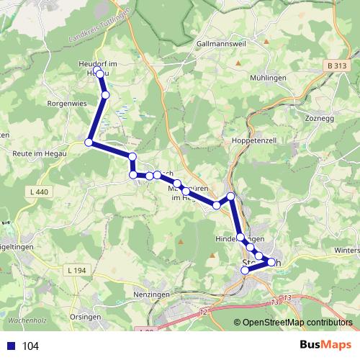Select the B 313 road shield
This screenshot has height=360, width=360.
336,66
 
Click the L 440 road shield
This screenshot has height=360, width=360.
40,192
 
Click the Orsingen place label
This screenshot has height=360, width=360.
86,316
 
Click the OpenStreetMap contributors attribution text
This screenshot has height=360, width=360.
297,323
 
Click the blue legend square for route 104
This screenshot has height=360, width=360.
10,346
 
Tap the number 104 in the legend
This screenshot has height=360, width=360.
30,346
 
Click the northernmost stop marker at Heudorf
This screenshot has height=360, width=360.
99,71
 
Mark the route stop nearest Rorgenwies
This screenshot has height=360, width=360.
89,143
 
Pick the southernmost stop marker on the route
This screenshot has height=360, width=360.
245,270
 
